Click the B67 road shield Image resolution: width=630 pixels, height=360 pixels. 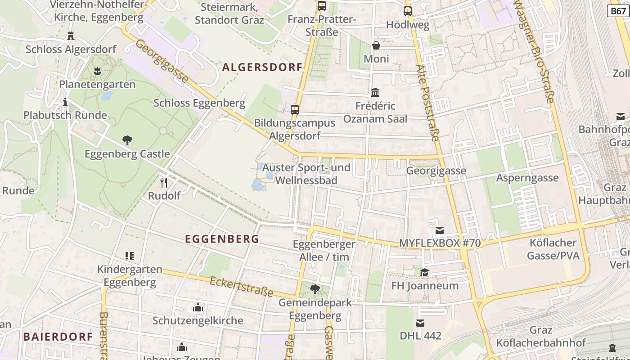(x=618, y=11)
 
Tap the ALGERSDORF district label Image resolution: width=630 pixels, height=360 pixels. (x=262, y=67)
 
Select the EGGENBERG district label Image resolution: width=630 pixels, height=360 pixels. (x=222, y=239)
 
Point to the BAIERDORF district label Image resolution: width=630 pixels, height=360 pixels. (x=58, y=337)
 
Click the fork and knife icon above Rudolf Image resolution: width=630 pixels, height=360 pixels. (x=164, y=182)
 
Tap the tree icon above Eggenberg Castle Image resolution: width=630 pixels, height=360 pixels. (x=127, y=140)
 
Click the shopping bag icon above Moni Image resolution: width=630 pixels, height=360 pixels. (x=376, y=45)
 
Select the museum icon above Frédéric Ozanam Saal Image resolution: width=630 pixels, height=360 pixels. (x=375, y=93)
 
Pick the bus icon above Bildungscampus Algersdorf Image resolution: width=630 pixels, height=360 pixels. (x=295, y=109)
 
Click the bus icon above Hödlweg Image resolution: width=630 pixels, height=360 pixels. (x=408, y=11)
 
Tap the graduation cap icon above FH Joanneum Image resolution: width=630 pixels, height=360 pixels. (x=424, y=272)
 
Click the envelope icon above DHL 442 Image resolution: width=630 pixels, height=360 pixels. (x=420, y=323)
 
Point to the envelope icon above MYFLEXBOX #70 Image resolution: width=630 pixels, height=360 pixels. (x=440, y=230)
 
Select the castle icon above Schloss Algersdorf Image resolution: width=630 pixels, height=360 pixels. (x=71, y=36)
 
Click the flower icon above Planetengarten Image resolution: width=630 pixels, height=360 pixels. (x=97, y=71)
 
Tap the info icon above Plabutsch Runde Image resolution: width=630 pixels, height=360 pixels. (x=66, y=102)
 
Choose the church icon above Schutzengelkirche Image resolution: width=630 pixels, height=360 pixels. (x=198, y=308)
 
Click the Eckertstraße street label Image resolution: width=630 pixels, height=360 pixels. (x=242, y=287)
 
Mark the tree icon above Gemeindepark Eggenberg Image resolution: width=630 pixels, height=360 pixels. (x=315, y=289)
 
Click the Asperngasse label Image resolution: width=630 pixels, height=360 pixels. (x=527, y=178)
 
